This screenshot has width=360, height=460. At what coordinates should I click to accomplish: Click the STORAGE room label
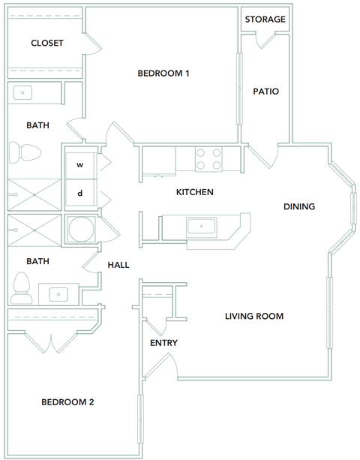265,19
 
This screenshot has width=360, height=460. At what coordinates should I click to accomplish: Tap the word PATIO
265,92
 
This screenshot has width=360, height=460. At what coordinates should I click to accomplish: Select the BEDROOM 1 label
163,73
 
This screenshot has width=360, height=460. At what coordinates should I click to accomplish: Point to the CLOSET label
46,44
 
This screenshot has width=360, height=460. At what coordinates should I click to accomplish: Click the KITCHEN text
195,192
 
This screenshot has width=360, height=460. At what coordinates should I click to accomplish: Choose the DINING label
298,206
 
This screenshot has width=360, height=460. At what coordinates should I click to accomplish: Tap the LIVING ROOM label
254,316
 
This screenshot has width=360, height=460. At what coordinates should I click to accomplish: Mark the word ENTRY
163,343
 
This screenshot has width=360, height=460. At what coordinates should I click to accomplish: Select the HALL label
118,265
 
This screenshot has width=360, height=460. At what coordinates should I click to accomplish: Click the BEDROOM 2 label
67,402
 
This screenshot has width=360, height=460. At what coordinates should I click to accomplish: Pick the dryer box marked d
79,194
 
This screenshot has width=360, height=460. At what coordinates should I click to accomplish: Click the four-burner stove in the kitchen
209,159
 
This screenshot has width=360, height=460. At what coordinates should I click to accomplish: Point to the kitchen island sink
202,226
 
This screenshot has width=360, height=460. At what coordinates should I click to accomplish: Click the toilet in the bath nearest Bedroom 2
22,287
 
